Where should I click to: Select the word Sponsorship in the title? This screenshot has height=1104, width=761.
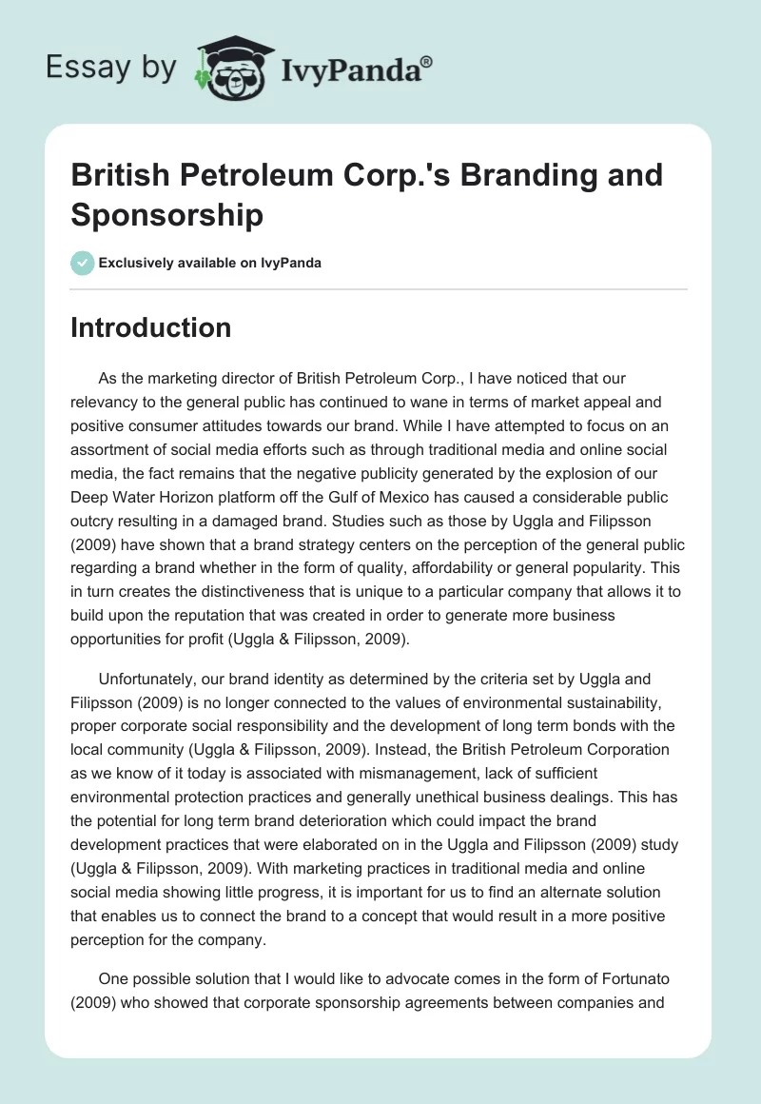166,215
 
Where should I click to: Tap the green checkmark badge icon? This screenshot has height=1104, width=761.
83,263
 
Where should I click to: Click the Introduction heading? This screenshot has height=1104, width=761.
151,327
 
